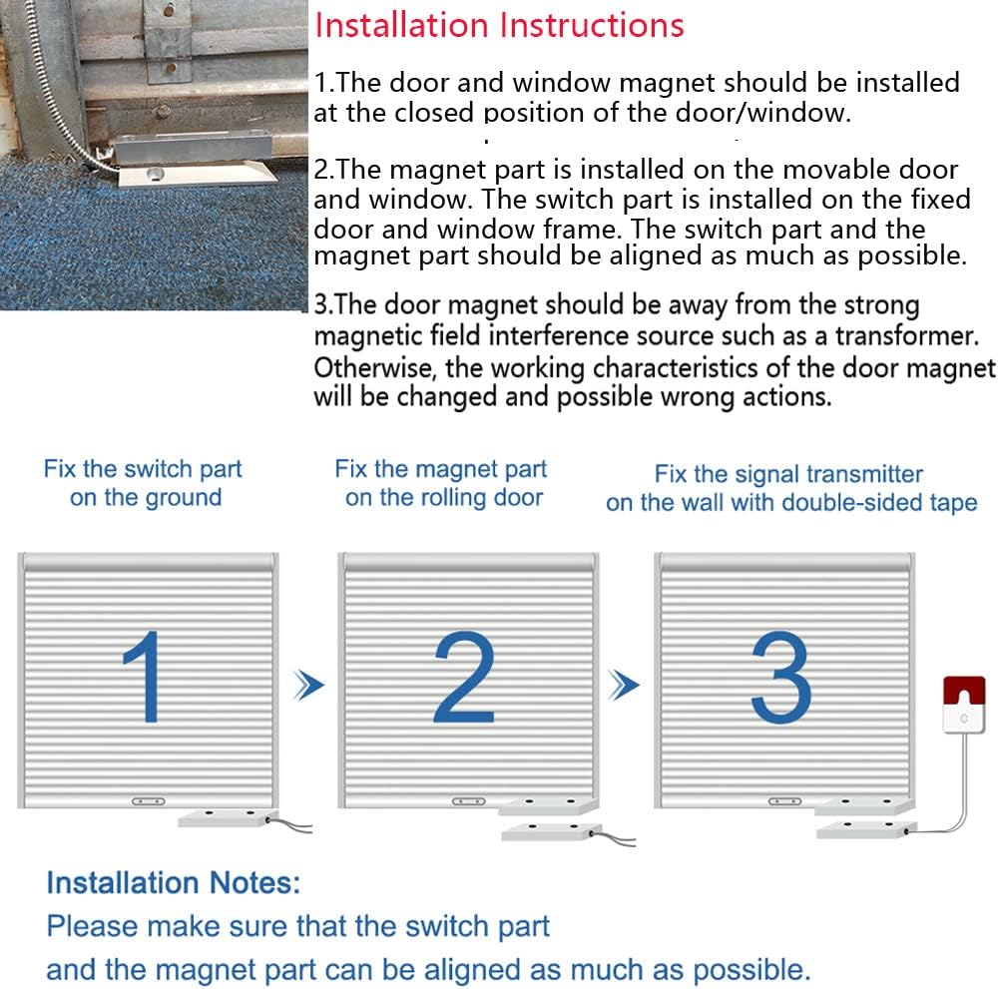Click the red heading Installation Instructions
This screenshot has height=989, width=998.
pyautogui.click(x=499, y=25)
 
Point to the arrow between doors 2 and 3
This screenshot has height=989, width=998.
pyautogui.click(x=625, y=685)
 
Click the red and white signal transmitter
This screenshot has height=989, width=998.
pyautogui.click(x=963, y=703)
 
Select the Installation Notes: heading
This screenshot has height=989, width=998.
pyautogui.click(x=173, y=882)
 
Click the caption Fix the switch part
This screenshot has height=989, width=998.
pyautogui.click(x=143, y=469)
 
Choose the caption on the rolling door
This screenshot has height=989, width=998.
pyautogui.click(x=443, y=498)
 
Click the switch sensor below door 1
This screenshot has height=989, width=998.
pyautogui.click(x=225, y=817)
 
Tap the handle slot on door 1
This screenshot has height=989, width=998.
pyautogui.click(x=149, y=799)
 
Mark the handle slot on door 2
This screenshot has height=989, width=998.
pyautogui.click(x=468, y=799)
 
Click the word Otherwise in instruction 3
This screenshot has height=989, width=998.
pyautogui.click(x=375, y=368)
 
